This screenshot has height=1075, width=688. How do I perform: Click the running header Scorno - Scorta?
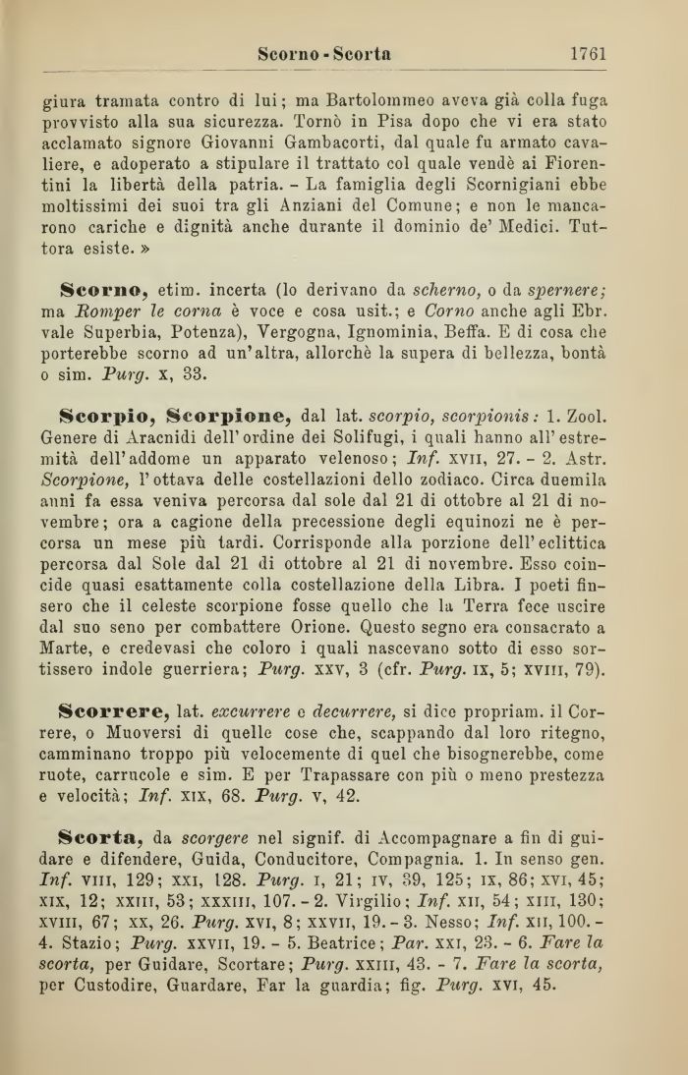[325, 55]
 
